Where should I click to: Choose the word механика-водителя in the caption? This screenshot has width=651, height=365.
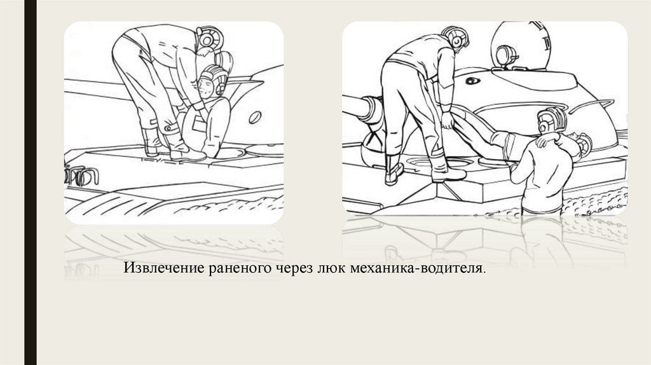pos(416,269)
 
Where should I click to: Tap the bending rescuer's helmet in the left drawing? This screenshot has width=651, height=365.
pos(210,39)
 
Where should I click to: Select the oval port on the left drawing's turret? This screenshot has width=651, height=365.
pos(254,118)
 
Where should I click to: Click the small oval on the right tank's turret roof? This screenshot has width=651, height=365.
pos(472,81)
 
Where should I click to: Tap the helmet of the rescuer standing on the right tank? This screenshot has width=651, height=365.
pos(456,38)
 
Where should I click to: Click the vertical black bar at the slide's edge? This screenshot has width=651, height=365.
pos(31,182)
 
